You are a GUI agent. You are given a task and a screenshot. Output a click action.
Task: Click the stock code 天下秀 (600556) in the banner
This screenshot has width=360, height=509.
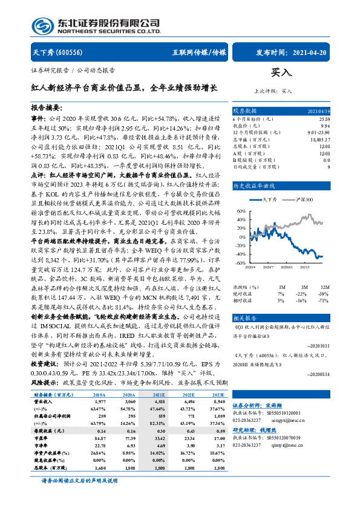54,53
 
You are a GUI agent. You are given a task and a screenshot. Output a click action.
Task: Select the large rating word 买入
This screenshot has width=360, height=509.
281,72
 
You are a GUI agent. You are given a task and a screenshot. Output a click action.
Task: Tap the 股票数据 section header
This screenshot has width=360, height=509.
245,111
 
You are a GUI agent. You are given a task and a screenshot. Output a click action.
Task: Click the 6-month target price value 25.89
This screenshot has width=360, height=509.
323,118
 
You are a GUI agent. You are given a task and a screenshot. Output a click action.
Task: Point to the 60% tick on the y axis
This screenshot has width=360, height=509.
241,211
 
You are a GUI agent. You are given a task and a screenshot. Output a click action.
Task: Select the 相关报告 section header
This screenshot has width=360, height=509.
245,317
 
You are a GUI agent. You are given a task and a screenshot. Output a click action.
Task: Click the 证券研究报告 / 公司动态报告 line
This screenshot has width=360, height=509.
73,70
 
